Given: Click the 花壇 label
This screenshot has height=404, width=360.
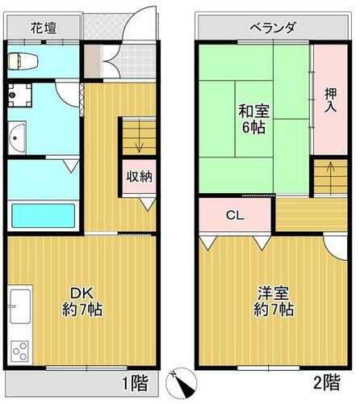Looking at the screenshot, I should pyautogui.click(x=44, y=28).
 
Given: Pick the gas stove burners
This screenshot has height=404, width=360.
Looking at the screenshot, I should pyautogui.click(x=19, y=351).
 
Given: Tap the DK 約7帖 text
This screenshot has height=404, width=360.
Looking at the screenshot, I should pyautogui.click(x=82, y=301).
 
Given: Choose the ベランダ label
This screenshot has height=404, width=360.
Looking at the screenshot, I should pyautogui.click(x=271, y=28).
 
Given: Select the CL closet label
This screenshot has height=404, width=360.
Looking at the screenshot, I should pyautogui.click(x=235, y=215).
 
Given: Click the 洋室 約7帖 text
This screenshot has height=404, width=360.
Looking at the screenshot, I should pyautogui.click(x=273, y=301).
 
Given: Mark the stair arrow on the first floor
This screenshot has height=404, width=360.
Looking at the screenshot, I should pyautogui.click(x=138, y=145).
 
